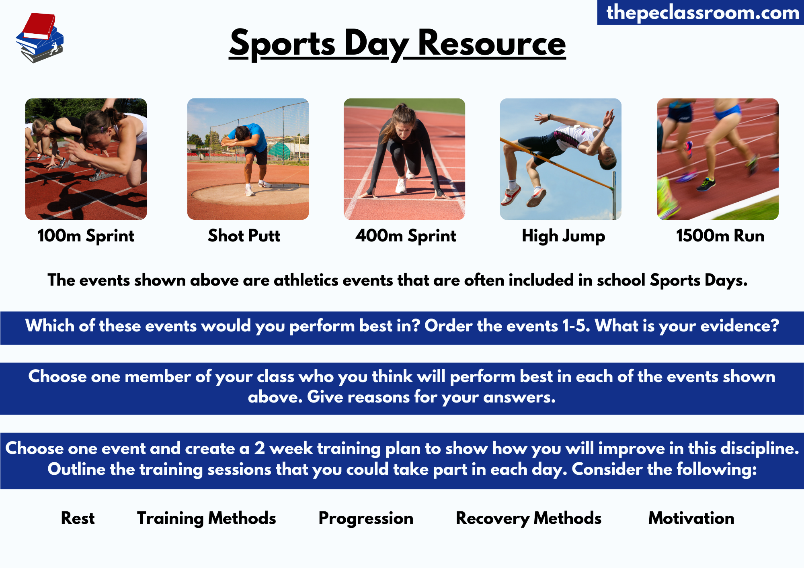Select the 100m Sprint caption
pos(86,236)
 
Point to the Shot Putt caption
pos(244,236)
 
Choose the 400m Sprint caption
pos(406,236)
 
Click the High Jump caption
pos(563,236)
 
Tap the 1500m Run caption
pos(720,236)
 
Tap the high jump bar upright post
pos(614,193)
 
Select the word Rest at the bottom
pos(78,518)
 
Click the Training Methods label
pos(206,518)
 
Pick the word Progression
pos(366,518)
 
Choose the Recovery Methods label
pos(528,518)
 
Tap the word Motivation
pos(691,518)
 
